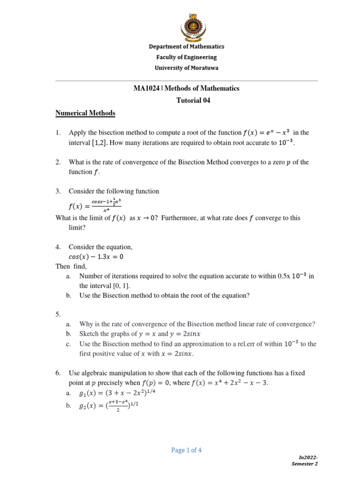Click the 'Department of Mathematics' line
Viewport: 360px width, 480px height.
[187, 46]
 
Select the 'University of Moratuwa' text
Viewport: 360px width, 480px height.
[187, 68]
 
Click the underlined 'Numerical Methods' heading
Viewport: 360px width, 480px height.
[85, 113]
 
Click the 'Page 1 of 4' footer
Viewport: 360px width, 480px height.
[187, 450]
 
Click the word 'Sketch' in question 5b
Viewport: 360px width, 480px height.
[89, 334]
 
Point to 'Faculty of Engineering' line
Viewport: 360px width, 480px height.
[187, 57]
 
